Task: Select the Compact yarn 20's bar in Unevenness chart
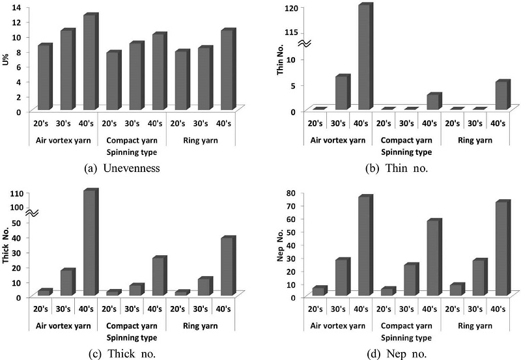[113, 81]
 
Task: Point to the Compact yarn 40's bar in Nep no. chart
[432, 258]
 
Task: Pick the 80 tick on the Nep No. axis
[294, 193]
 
